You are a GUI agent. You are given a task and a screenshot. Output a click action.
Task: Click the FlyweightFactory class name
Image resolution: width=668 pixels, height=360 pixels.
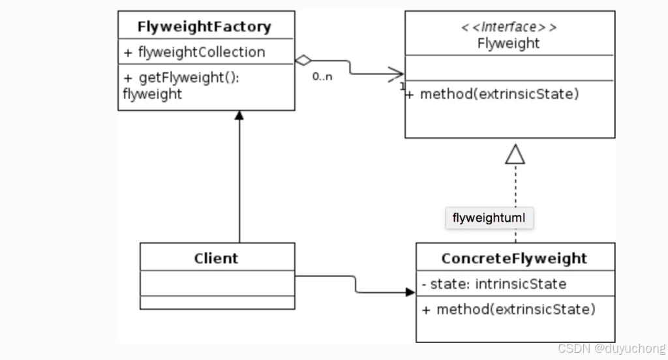[x=204, y=27]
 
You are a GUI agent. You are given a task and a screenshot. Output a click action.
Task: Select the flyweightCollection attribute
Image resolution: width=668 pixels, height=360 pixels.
[x=194, y=52]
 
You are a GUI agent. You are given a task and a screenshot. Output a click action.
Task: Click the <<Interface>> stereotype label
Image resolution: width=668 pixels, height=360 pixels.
[x=509, y=27]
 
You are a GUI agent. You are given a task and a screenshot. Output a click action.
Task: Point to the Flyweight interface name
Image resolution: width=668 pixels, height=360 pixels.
[x=509, y=44]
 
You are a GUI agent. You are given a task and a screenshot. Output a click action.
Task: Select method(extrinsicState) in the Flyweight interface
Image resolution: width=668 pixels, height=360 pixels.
[x=493, y=94]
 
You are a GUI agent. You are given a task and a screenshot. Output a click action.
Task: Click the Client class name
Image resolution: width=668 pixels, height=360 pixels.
[x=216, y=258]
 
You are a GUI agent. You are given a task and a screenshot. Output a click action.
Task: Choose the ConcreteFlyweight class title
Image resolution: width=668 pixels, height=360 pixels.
[x=514, y=258]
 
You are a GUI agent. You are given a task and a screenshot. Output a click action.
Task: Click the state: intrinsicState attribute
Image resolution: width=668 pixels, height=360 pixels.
[x=494, y=284]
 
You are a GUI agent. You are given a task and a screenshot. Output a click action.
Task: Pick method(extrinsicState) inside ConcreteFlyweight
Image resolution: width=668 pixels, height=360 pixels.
[x=509, y=309]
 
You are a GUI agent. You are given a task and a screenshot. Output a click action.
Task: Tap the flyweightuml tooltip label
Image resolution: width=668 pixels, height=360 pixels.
[x=489, y=218]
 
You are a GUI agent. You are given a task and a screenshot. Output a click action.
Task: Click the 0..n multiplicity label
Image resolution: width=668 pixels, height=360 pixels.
[x=322, y=77]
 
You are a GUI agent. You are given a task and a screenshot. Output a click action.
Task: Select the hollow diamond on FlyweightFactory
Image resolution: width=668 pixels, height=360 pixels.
[x=303, y=61]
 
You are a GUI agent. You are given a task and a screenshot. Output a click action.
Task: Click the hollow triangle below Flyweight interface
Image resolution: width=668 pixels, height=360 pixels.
[x=515, y=154]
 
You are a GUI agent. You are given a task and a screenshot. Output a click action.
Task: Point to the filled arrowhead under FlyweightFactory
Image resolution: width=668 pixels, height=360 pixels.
[x=239, y=116]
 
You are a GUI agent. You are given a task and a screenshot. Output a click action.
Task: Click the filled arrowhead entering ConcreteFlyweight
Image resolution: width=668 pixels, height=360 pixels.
[x=410, y=292]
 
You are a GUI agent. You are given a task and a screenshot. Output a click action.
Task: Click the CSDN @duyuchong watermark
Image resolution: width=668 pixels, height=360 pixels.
[x=612, y=349]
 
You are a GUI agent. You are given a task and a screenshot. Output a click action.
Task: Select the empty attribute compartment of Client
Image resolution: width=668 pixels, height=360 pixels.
[x=217, y=282]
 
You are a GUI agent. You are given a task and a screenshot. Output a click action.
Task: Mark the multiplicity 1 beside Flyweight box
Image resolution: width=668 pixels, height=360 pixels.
[x=402, y=86]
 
